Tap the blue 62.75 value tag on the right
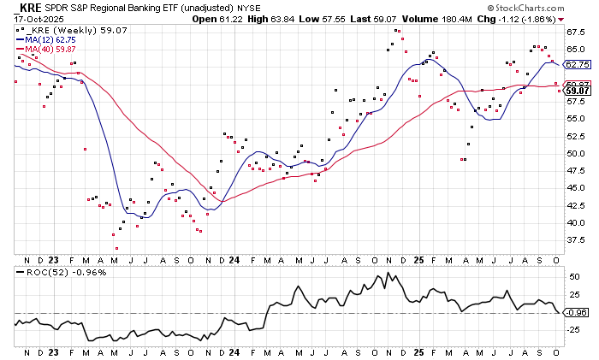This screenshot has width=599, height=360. (x=578, y=64)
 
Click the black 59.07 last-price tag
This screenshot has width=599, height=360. (x=578, y=90)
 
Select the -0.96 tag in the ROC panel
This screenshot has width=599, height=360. (x=578, y=312)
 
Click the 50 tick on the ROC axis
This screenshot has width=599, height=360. (x=572, y=275)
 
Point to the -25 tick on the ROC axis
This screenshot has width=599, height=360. (x=574, y=331)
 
